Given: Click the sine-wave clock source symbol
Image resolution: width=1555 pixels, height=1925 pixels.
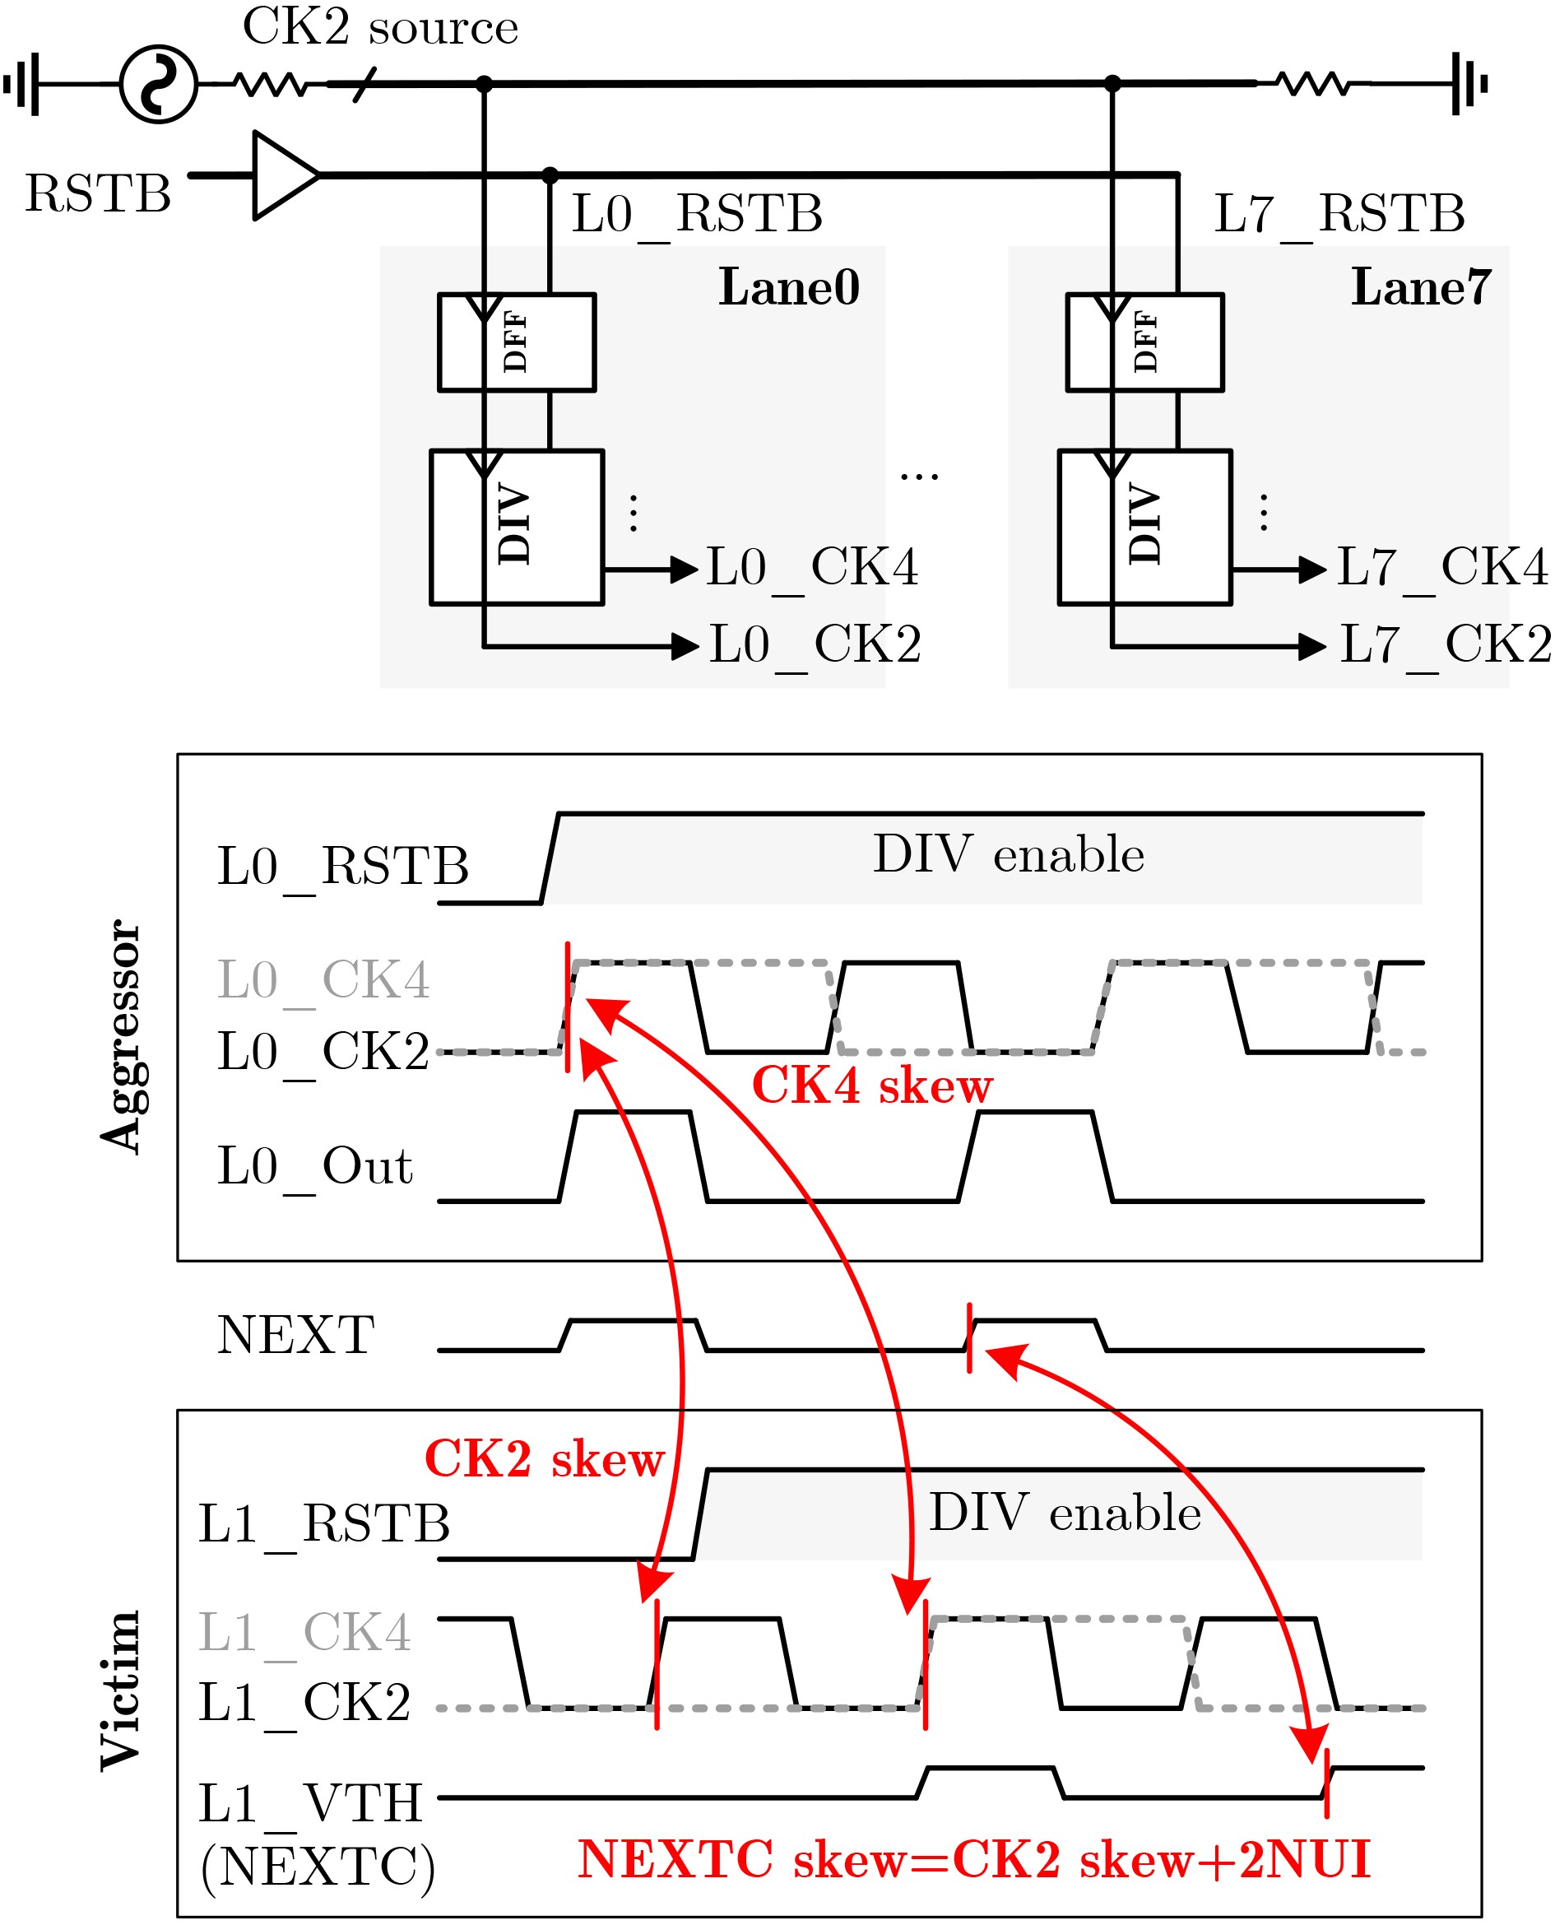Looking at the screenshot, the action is pyautogui.click(x=159, y=84).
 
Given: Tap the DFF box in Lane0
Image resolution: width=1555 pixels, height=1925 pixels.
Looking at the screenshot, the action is pyautogui.click(x=517, y=342).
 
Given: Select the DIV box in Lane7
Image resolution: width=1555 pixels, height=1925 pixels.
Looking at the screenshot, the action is pyautogui.click(x=1144, y=528).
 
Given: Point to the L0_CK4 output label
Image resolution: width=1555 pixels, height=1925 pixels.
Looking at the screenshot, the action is pyautogui.click(x=812, y=568).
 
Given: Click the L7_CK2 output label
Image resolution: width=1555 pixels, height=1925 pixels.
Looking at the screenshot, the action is pyautogui.click(x=1446, y=645).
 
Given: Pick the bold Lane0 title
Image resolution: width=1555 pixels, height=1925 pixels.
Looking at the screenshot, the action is pyautogui.click(x=789, y=287).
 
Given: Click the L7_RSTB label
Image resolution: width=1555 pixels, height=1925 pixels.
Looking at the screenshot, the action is pyautogui.click(x=1339, y=214).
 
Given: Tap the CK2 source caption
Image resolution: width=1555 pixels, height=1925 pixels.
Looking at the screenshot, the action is pyautogui.click(x=381, y=27).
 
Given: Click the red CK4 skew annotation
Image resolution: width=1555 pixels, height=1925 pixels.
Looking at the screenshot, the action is pyautogui.click(x=871, y=1086).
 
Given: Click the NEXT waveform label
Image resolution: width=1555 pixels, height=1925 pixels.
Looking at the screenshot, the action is pyautogui.click(x=295, y=1336).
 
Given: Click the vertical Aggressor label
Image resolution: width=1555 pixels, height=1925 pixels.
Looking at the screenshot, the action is pyautogui.click(x=121, y=1035).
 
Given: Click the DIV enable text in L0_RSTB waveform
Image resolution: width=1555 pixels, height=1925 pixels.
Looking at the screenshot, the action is pyautogui.click(x=1009, y=854).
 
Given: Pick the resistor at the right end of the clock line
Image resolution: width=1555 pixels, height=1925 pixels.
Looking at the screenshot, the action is pyautogui.click(x=1313, y=84).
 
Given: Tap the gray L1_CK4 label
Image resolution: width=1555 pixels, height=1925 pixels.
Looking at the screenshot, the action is pyautogui.click(x=304, y=1632).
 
